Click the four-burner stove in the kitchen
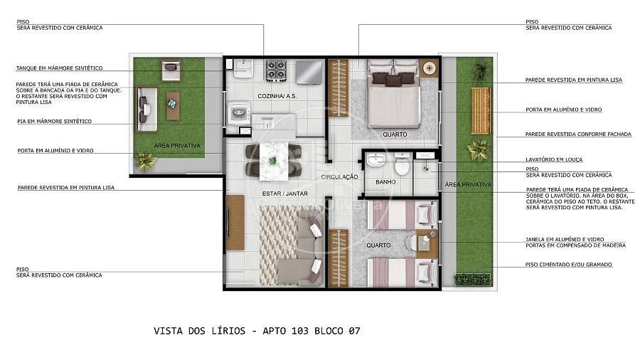pos(277,71)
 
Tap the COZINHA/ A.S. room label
pos(277,96)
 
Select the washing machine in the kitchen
pos(238,112)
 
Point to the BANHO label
pos(385,182)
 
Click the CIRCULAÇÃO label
pos(339,176)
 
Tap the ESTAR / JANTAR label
pos(285,194)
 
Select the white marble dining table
pos(274,161)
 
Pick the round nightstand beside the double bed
pos(429,68)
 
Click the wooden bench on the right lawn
pos(481,110)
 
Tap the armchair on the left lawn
pos(171,70)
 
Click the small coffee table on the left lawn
pos(173,106)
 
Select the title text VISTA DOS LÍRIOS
pos(200,331)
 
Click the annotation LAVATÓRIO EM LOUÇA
pos(554,159)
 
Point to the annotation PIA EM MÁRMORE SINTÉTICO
pos(54,121)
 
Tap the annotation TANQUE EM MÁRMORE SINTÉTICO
pos(60,68)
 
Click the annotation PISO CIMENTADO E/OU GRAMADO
pos(569,265)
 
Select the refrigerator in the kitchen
pos(309,72)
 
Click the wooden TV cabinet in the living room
pos(235,223)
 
